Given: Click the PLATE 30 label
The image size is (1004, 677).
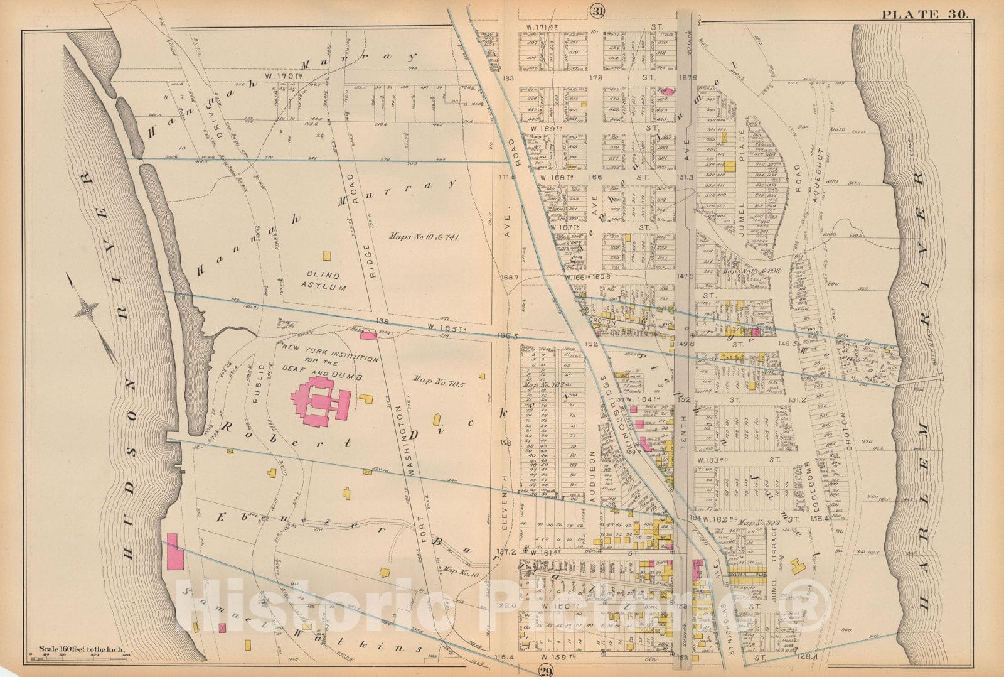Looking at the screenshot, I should coord(925,13).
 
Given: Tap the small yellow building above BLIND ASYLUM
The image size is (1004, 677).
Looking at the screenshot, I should coord(326,256).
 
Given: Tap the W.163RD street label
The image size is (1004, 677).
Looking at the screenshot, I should coord(717,460).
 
